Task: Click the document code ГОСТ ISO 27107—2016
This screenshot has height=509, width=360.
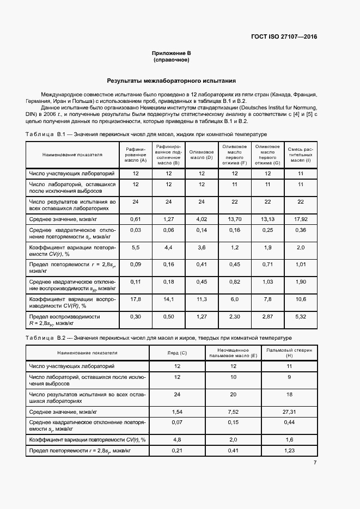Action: click(284, 37)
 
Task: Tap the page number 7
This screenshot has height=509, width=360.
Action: click(315, 463)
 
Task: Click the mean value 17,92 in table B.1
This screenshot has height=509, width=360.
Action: click(300, 218)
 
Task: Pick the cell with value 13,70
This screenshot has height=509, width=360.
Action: click(235, 218)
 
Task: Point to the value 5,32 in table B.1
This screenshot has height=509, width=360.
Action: click(300, 316)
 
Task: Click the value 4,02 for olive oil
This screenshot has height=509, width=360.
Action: click(202, 218)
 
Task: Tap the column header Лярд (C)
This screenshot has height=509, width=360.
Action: click(176, 353)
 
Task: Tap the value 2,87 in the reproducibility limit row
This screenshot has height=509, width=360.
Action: click(267, 316)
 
